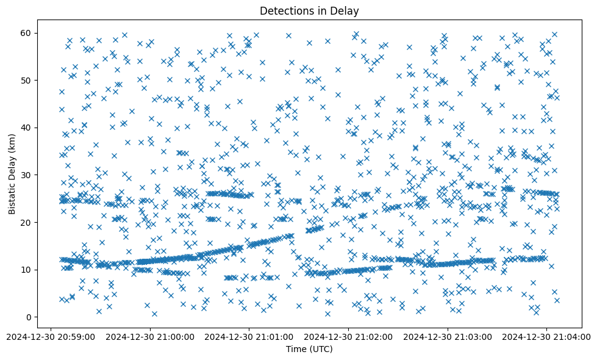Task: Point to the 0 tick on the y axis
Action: [29, 317]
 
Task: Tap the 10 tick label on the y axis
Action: [27, 270]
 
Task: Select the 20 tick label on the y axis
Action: [27, 223]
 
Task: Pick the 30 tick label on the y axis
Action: [27, 175]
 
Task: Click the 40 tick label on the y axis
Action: [27, 128]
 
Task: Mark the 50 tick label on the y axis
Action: [27, 81]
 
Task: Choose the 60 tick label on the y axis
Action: [27, 33]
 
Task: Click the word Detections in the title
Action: [284, 10]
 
